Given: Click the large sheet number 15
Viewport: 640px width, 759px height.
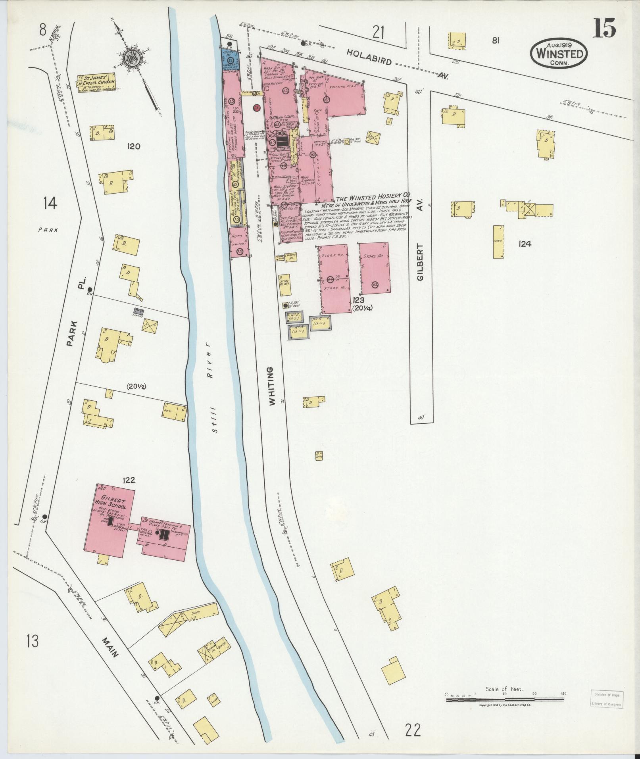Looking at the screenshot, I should coord(604,27).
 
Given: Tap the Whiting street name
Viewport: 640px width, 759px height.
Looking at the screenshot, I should coord(272,386).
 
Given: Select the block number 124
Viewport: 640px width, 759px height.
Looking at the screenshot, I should coord(525,244).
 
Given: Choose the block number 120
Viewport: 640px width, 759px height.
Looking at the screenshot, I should coord(134,146).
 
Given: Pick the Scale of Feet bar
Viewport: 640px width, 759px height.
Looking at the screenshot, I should coord(506,422).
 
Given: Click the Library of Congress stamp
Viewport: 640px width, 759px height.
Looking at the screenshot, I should coord(606,421).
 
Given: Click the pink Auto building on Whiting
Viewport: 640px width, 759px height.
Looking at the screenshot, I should coord(239,242).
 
